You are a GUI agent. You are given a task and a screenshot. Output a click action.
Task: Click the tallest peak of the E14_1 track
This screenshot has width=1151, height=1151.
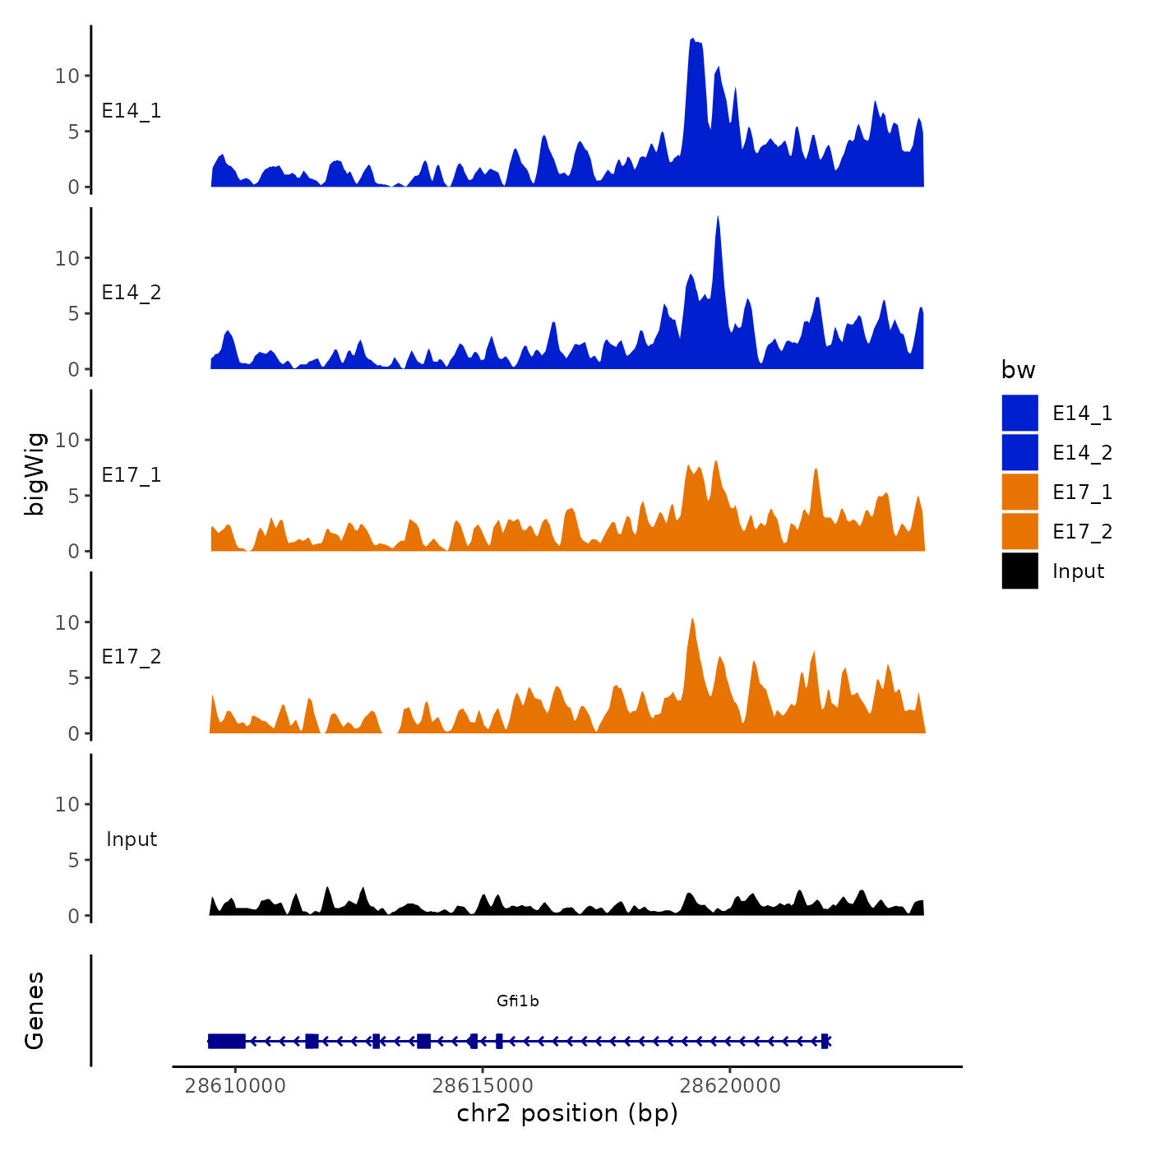[x=693, y=40]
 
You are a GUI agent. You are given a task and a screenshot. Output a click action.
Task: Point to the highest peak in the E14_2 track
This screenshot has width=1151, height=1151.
[x=718, y=219]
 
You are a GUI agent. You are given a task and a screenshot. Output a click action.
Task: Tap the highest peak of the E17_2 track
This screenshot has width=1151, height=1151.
[x=692, y=619]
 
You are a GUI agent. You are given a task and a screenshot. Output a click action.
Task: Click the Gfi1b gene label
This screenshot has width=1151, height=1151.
[x=517, y=1001]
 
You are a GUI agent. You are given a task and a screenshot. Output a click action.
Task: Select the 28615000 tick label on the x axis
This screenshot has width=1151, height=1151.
[x=483, y=1086]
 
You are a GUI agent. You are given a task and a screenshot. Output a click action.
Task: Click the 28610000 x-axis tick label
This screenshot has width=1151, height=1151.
[x=235, y=1086]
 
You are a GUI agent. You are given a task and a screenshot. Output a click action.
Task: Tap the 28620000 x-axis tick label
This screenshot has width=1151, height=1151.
[x=730, y=1086]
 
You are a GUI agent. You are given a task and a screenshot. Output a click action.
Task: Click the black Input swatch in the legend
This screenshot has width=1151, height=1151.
[x=1019, y=571]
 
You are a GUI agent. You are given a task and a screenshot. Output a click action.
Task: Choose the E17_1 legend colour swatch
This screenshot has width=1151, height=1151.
[x=1019, y=492]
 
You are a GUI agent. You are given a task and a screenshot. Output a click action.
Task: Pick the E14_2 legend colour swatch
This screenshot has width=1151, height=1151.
[x=1019, y=452]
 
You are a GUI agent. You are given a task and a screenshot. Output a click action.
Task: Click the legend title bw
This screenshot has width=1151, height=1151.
[x=1018, y=370]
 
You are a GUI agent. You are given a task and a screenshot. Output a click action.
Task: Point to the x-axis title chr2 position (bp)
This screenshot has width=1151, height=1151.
[x=567, y=1113]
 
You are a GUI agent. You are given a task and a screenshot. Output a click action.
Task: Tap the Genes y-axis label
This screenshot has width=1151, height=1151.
[x=35, y=1010]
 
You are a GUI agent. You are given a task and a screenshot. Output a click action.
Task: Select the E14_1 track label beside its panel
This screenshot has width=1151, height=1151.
[x=132, y=111]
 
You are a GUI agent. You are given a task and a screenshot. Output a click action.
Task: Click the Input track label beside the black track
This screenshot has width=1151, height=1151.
[x=132, y=839]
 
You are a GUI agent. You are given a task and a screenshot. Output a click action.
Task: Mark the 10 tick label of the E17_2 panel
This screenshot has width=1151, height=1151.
[x=67, y=622]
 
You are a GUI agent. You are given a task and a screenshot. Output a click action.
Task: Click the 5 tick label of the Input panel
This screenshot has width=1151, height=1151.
[x=74, y=860]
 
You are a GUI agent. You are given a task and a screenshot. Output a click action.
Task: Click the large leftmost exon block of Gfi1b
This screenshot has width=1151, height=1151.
[x=227, y=1041]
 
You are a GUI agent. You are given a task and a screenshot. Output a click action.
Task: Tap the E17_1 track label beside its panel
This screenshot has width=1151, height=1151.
[x=132, y=475]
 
